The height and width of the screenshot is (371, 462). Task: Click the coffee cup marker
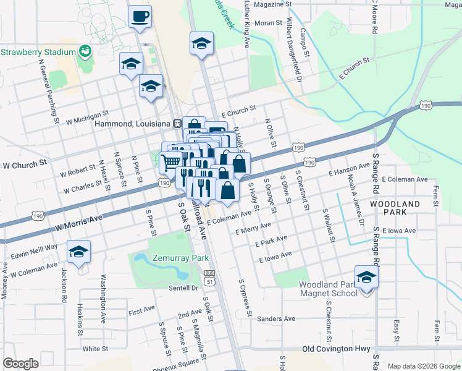click(140, 16)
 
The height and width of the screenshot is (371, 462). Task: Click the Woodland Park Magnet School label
click(328, 289)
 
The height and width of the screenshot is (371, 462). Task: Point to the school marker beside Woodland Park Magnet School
click(366, 276)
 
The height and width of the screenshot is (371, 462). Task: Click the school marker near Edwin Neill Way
click(79, 252)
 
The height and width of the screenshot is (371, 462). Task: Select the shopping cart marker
click(170, 162)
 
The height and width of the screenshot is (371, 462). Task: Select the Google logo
click(21, 364)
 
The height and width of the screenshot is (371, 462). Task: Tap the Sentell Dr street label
click(183, 288)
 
